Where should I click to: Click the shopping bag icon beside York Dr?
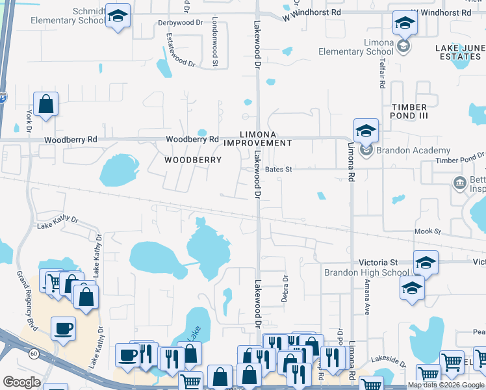click(46, 104)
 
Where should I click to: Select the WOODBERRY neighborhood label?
click(193, 159)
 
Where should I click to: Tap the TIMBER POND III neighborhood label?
click(409, 112)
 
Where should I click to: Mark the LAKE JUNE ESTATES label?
click(457, 52)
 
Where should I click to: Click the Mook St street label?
click(428, 231)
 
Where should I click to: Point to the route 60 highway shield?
click(33, 354)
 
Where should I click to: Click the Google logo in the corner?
click(21, 382)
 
